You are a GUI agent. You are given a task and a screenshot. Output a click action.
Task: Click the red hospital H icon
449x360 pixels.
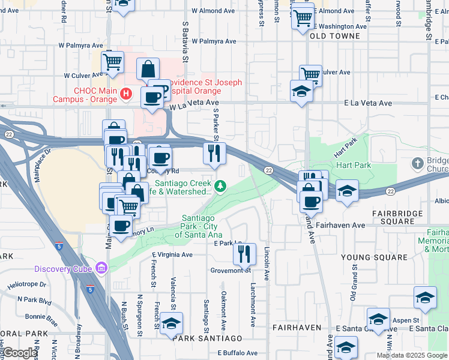click(125, 93)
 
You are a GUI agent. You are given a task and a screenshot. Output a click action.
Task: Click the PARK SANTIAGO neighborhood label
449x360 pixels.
click(208, 338)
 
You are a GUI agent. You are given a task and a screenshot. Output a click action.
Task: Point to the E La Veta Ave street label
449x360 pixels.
click(368, 103)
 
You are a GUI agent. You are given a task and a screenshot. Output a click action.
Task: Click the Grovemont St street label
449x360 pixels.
click(230, 271)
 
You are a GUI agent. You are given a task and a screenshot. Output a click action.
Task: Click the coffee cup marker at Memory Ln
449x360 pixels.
click(121, 226)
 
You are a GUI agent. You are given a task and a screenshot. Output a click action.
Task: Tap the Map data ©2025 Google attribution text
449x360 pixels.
click(412, 355)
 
